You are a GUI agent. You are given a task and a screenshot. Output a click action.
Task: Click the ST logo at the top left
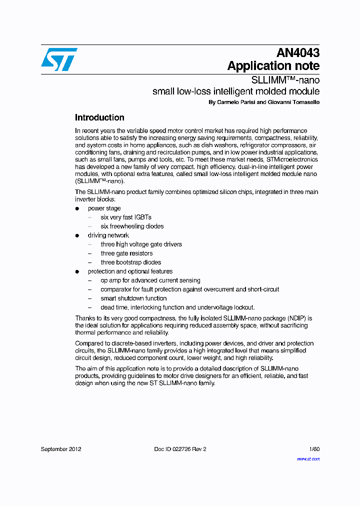(x=59, y=59)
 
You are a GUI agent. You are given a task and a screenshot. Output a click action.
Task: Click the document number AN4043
(x=298, y=53)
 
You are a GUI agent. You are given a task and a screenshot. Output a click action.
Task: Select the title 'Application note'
(x=273, y=66)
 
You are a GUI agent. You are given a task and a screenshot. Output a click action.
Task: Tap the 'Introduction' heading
(x=99, y=118)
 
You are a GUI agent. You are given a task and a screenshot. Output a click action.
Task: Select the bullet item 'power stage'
(x=104, y=208)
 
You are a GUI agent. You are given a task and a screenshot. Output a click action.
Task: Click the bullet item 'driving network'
(x=108, y=235)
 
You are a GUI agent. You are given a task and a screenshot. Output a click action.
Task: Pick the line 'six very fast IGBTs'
(x=126, y=217)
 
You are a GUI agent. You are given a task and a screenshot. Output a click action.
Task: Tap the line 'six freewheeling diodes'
(x=132, y=226)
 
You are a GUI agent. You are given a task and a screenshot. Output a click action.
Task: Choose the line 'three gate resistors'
(x=126, y=253)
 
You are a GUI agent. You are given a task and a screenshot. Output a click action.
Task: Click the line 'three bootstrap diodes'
(x=130, y=262)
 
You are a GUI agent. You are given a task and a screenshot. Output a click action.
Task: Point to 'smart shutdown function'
(x=133, y=298)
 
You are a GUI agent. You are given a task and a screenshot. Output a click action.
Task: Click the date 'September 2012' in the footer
(x=61, y=449)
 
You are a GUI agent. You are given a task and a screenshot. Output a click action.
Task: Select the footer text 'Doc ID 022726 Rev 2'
(x=180, y=449)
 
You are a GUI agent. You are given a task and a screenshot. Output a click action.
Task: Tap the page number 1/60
(x=314, y=449)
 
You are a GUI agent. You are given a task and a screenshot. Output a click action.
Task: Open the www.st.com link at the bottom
(x=308, y=458)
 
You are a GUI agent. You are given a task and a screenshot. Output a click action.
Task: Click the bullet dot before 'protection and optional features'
(x=77, y=271)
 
